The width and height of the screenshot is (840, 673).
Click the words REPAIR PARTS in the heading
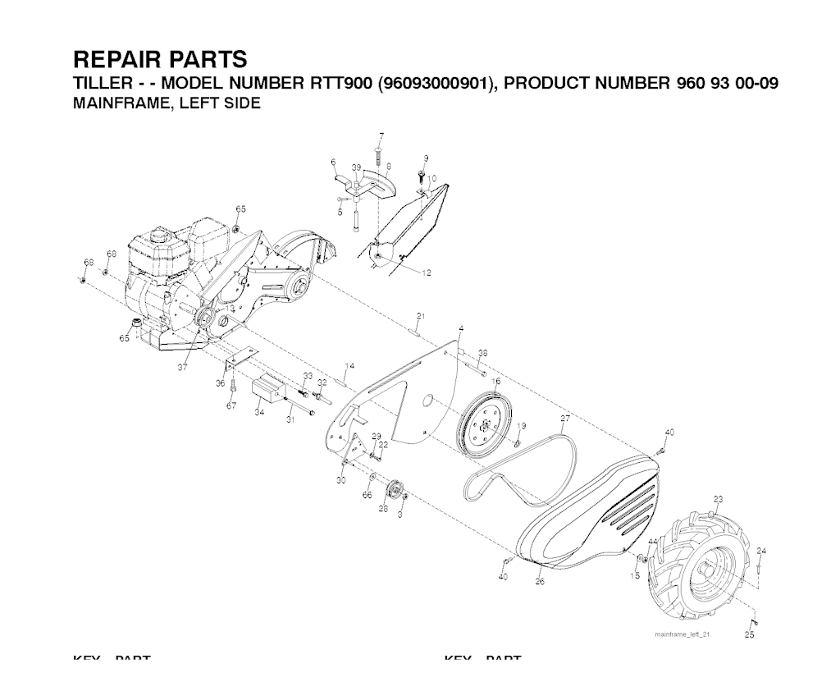159,59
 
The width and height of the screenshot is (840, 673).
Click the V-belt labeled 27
525,464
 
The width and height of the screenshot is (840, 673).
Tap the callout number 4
461,328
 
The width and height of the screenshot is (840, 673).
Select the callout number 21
420,316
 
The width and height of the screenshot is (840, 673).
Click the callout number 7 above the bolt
381,135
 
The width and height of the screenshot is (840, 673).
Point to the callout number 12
427,273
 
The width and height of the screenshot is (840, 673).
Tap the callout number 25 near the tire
749,634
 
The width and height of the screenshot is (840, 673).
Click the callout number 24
761,550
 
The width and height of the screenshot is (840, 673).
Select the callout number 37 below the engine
182,369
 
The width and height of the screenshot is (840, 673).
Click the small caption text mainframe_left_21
682,634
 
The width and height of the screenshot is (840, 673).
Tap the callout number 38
483,353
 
